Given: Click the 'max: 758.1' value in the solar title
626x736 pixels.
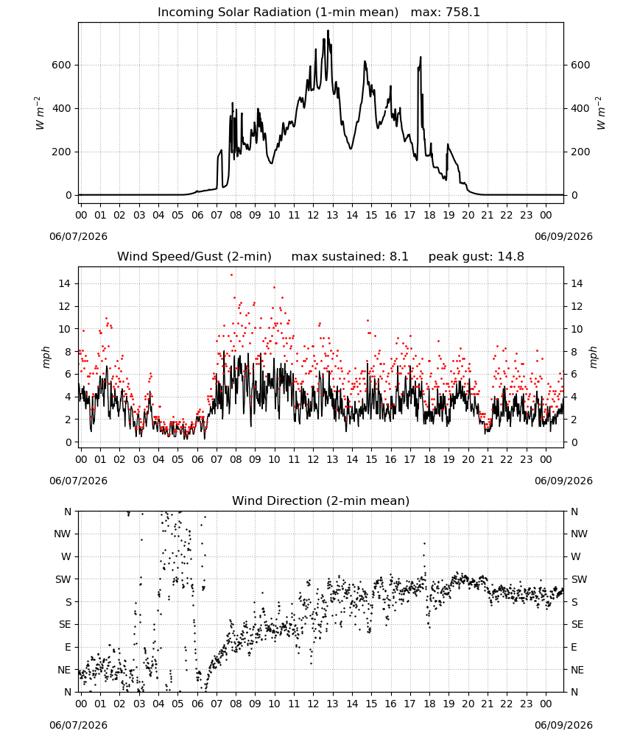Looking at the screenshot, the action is [446, 12].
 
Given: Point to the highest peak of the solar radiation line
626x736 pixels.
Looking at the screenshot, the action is [328, 30].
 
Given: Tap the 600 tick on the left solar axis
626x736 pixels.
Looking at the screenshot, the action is [62, 65].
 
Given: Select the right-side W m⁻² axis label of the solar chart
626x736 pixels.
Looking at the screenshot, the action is [601, 113].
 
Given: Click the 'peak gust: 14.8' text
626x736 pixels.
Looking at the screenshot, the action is [476, 257].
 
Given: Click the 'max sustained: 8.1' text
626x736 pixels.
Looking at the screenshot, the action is [350, 257].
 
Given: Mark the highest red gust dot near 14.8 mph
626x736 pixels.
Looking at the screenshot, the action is [231, 275].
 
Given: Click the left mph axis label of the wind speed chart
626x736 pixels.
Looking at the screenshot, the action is [46, 357].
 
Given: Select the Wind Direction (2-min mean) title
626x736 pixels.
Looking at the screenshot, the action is [321, 500].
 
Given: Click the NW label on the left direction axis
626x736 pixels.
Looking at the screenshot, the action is [63, 534].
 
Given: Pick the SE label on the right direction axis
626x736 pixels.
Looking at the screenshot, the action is [577, 624].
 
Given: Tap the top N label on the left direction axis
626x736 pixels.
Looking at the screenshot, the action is [68, 512].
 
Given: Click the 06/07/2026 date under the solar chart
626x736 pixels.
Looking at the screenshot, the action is [78, 236].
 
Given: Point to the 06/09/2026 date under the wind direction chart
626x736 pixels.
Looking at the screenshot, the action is [563, 725].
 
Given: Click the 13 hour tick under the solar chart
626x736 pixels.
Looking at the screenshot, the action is [332, 216].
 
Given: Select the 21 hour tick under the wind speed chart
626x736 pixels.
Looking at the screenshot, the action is [487, 459].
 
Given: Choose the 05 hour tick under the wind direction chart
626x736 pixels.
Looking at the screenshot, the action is [177, 704].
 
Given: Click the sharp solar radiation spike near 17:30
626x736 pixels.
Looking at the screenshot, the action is [421, 57].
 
